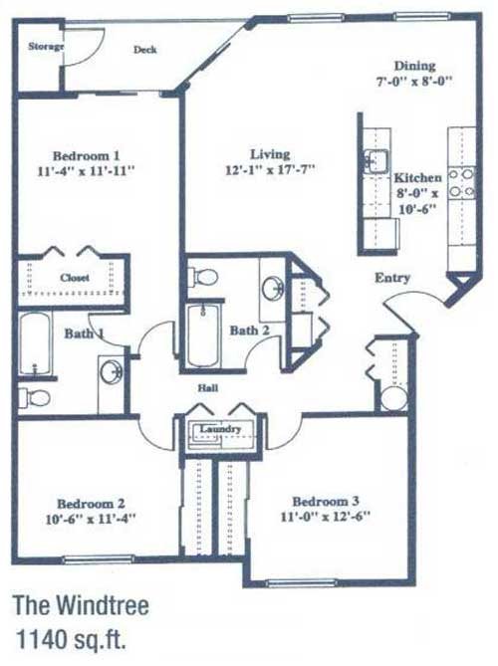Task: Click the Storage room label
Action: (x=46, y=46)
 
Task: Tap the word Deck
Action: (x=144, y=50)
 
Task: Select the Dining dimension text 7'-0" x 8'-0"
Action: (x=413, y=81)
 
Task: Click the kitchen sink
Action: (x=374, y=161)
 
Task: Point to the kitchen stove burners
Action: (x=462, y=182)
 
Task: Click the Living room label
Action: (x=270, y=153)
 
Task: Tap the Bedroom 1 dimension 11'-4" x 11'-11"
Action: (x=87, y=171)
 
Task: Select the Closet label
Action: (x=75, y=278)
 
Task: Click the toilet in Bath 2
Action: (x=202, y=277)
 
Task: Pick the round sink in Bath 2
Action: (x=272, y=288)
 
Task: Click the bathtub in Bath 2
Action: (x=203, y=335)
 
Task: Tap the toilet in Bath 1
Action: (x=34, y=397)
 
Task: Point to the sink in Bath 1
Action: (x=112, y=372)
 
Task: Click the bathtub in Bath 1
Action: (x=36, y=344)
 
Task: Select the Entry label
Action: (x=392, y=278)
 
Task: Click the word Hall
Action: (x=208, y=388)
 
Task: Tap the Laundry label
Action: (x=220, y=428)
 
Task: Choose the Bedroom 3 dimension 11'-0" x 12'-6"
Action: (x=326, y=517)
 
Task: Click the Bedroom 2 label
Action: (x=91, y=504)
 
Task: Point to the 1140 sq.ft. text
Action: (x=71, y=639)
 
